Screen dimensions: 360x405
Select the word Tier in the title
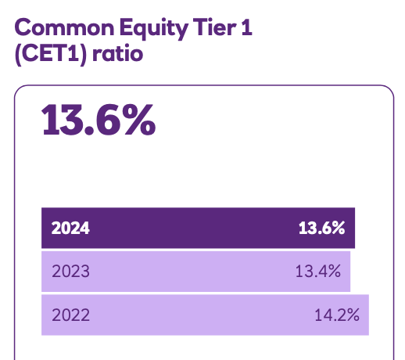(x=212, y=30)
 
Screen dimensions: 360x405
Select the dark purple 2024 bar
(x=199, y=229)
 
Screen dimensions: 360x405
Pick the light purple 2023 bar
(x=195, y=272)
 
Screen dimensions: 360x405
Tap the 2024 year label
(x=70, y=229)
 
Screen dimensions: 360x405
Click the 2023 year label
(x=70, y=272)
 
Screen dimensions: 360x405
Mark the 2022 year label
(x=70, y=315)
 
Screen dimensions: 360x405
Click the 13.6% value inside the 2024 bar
(x=321, y=229)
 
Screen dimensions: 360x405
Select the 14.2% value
(x=336, y=315)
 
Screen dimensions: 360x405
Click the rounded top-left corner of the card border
(x=20, y=91)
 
